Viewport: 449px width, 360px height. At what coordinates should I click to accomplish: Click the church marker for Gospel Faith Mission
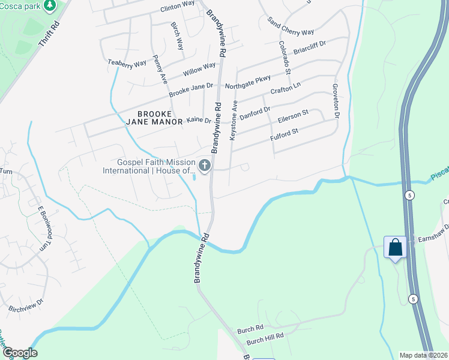(x=205, y=166)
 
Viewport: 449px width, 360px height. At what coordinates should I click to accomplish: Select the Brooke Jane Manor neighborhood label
(x=155, y=118)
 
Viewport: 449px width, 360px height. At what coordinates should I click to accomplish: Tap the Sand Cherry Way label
(x=291, y=26)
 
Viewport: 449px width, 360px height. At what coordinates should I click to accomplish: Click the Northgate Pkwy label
(x=248, y=82)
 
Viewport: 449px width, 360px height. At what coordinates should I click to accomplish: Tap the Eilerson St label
(x=293, y=115)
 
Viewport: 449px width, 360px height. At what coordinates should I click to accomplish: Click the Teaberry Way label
(x=127, y=62)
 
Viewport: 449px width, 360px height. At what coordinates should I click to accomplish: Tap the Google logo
(x=20, y=353)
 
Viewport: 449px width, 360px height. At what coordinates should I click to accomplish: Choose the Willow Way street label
(x=199, y=69)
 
